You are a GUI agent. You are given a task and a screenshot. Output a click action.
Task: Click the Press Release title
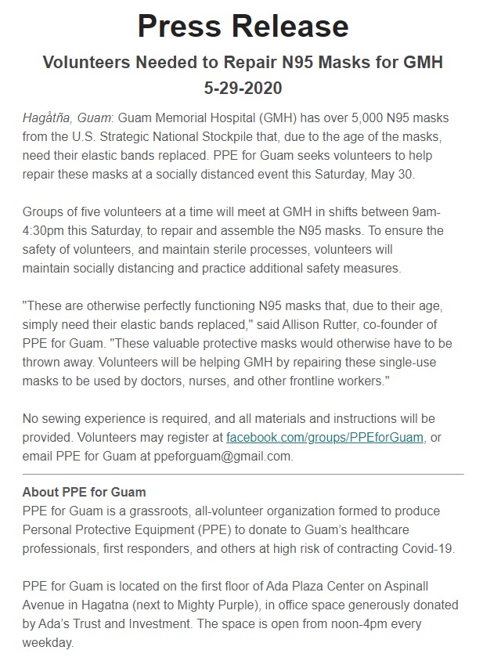click(x=242, y=27)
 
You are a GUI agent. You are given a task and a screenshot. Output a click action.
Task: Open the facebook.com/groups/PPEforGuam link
click(x=324, y=438)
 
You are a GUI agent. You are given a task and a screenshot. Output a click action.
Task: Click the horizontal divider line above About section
click(x=242, y=475)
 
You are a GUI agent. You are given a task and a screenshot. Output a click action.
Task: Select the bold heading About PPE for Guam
click(x=84, y=493)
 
